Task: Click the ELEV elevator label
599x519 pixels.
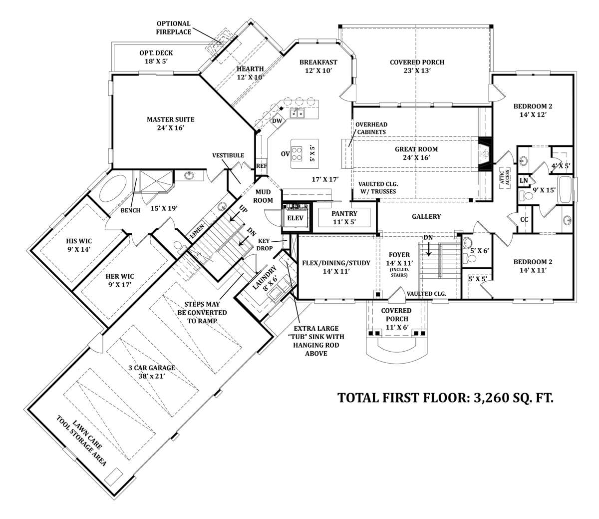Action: click(x=296, y=218)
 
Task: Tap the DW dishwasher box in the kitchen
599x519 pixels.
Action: click(x=277, y=121)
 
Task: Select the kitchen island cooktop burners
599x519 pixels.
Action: click(x=297, y=153)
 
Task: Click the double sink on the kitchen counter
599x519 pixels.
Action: click(x=297, y=113)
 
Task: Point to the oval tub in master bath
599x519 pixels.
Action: click(x=113, y=188)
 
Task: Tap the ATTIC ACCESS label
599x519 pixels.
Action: click(x=505, y=177)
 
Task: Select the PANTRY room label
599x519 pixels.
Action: click(x=344, y=214)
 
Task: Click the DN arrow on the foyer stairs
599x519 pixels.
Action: click(x=428, y=249)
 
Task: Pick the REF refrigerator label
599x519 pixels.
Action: click(x=262, y=166)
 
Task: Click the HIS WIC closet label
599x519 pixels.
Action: click(x=79, y=241)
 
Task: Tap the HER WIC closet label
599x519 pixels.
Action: click(x=120, y=276)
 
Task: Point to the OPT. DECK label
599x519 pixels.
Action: click(x=156, y=53)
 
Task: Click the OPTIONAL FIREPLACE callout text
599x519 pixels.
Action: click(x=174, y=28)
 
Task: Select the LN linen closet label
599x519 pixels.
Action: click(x=524, y=180)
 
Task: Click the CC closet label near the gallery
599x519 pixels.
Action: click(x=524, y=219)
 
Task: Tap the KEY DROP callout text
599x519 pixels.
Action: click(x=265, y=244)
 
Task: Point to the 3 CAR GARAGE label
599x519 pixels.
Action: click(x=152, y=368)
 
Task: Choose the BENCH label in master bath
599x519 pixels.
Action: click(x=130, y=210)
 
